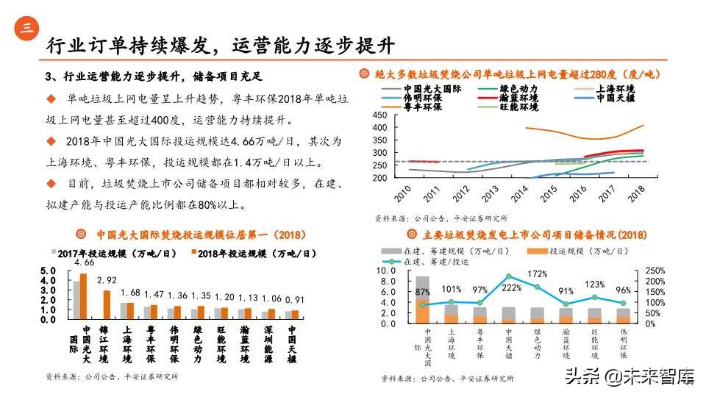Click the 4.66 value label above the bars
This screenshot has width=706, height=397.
click(x=85, y=262)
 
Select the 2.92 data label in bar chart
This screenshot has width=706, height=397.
click(x=107, y=280)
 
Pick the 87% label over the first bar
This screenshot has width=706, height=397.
click(x=423, y=292)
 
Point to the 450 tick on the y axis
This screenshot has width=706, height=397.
click(x=379, y=115)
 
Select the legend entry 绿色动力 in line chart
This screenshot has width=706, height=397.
click(x=519, y=88)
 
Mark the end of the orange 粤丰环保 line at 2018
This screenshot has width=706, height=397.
click(x=643, y=125)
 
